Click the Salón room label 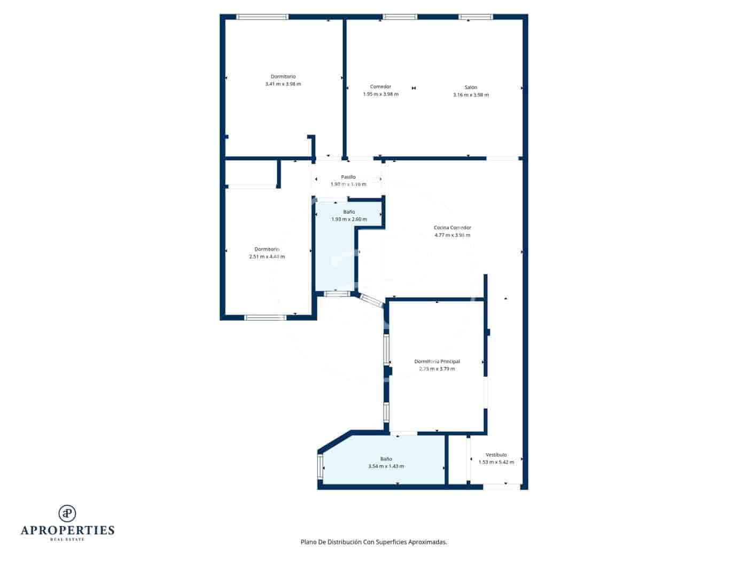click(x=470, y=87)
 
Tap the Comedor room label click(x=380, y=87)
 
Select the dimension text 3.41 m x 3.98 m click(x=283, y=84)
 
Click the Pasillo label click(x=348, y=177)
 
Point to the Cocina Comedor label click(x=452, y=228)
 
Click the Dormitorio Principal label click(x=437, y=361)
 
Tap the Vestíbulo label click(x=496, y=455)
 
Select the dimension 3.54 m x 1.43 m click(x=386, y=466)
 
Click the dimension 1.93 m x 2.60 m click(x=349, y=219)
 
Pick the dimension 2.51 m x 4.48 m click(x=267, y=256)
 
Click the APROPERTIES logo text click(x=67, y=530)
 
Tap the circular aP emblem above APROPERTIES click(x=67, y=513)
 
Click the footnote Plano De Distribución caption click(x=373, y=542)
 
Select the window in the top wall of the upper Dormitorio click(x=262, y=17)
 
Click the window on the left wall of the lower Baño click(x=321, y=466)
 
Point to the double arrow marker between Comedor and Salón click(x=414, y=88)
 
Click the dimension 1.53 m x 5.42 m click(x=496, y=462)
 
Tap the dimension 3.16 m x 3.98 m click(x=470, y=95)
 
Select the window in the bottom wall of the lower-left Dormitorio click(x=266, y=317)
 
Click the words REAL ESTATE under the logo click(x=67, y=539)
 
